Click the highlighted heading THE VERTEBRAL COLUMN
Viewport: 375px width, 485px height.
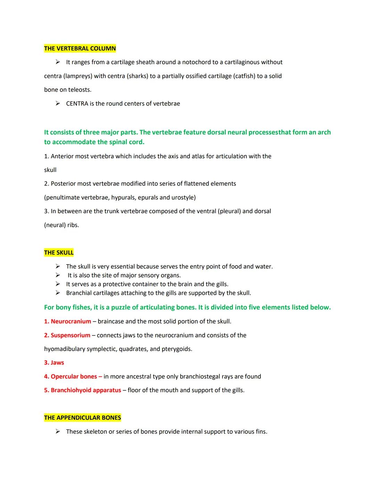(x=80, y=48)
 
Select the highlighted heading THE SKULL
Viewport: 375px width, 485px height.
(x=59, y=252)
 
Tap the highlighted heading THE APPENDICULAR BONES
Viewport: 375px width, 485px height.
(x=82, y=418)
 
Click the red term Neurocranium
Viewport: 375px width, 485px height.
(x=71, y=321)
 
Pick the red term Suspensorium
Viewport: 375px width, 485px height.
(x=70, y=335)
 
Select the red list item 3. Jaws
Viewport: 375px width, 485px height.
(x=54, y=363)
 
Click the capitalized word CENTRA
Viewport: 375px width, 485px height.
(x=77, y=103)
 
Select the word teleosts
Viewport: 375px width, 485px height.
(x=80, y=90)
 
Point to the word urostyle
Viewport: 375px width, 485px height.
(x=183, y=198)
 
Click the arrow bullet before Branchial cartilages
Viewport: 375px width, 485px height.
(x=58, y=293)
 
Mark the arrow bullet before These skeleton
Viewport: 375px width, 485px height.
(x=58, y=432)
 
